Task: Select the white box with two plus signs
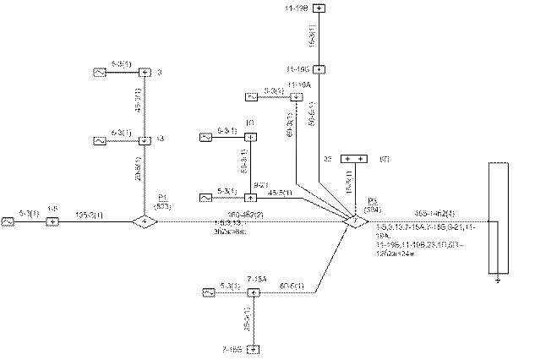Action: coord(353,159)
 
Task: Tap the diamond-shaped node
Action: coord(145,222)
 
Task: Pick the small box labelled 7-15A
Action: coord(252,292)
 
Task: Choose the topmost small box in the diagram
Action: coord(319,8)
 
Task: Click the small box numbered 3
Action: coord(145,74)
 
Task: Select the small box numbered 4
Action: coord(145,139)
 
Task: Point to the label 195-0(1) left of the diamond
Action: coord(90,215)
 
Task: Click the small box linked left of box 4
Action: coord(100,139)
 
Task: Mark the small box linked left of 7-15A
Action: coord(208,292)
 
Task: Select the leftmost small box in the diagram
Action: coord(8,222)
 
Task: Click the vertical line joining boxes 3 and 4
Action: coord(145,106)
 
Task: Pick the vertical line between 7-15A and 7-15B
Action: coord(252,320)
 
